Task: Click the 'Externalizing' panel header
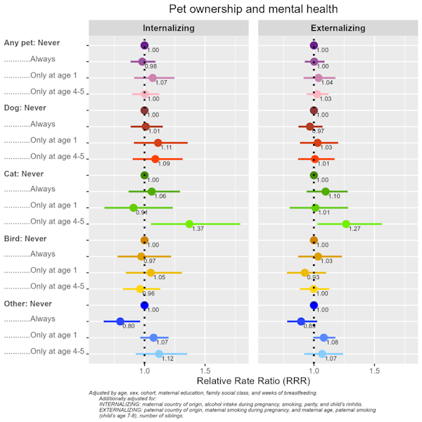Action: click(338, 28)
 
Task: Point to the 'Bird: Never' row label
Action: click(26, 238)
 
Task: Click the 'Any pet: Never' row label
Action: click(32, 43)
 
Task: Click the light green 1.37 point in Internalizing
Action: click(189, 224)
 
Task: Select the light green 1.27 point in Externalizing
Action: click(346, 224)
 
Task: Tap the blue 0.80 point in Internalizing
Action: click(120, 321)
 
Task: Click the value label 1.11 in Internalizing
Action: click(167, 148)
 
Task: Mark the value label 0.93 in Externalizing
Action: click(313, 278)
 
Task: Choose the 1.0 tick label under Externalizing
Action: click(314, 370)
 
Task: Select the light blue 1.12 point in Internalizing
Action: click(159, 354)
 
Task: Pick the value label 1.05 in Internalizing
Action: click(160, 278)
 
